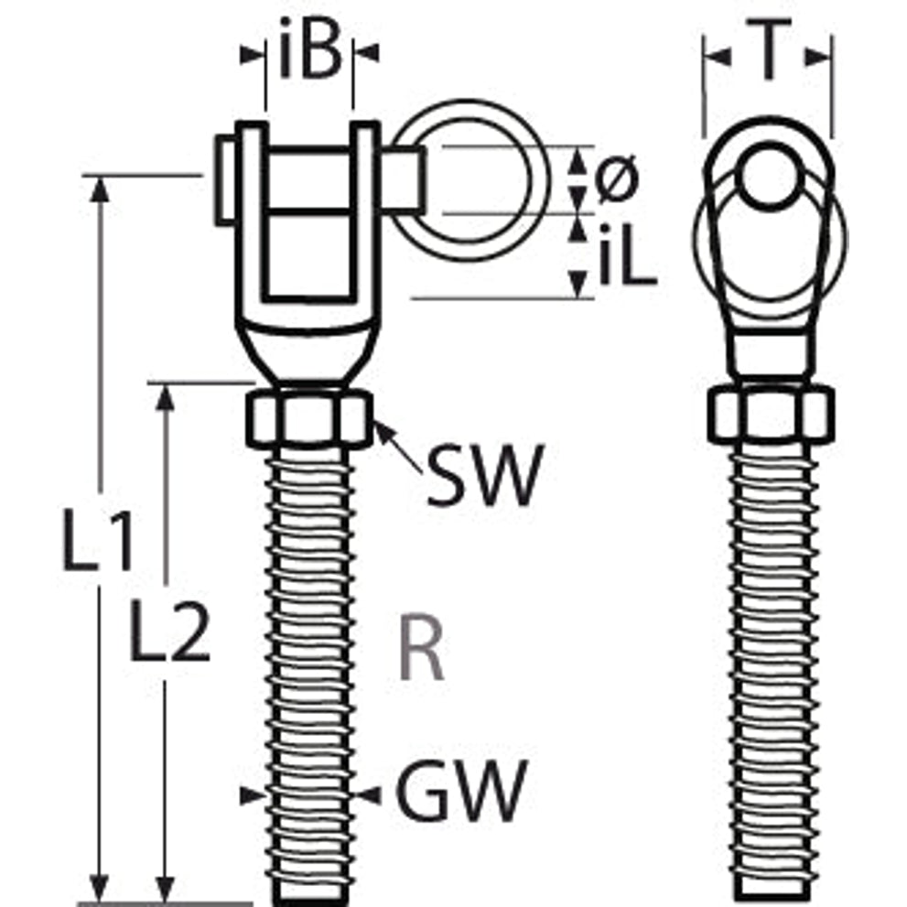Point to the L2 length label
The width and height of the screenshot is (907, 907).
pos(169,630)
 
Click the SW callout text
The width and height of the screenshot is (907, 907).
pos(485,476)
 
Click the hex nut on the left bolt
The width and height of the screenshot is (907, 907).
pos(308,417)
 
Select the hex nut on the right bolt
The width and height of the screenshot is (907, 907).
pos(771,414)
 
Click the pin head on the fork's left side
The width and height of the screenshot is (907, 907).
pos(225,179)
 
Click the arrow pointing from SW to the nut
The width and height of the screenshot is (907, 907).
pos(398,448)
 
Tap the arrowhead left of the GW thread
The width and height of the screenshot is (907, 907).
pos(253,796)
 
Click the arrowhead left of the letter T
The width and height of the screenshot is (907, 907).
pos(718,57)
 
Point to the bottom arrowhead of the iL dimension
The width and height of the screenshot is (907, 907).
pos(577,285)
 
